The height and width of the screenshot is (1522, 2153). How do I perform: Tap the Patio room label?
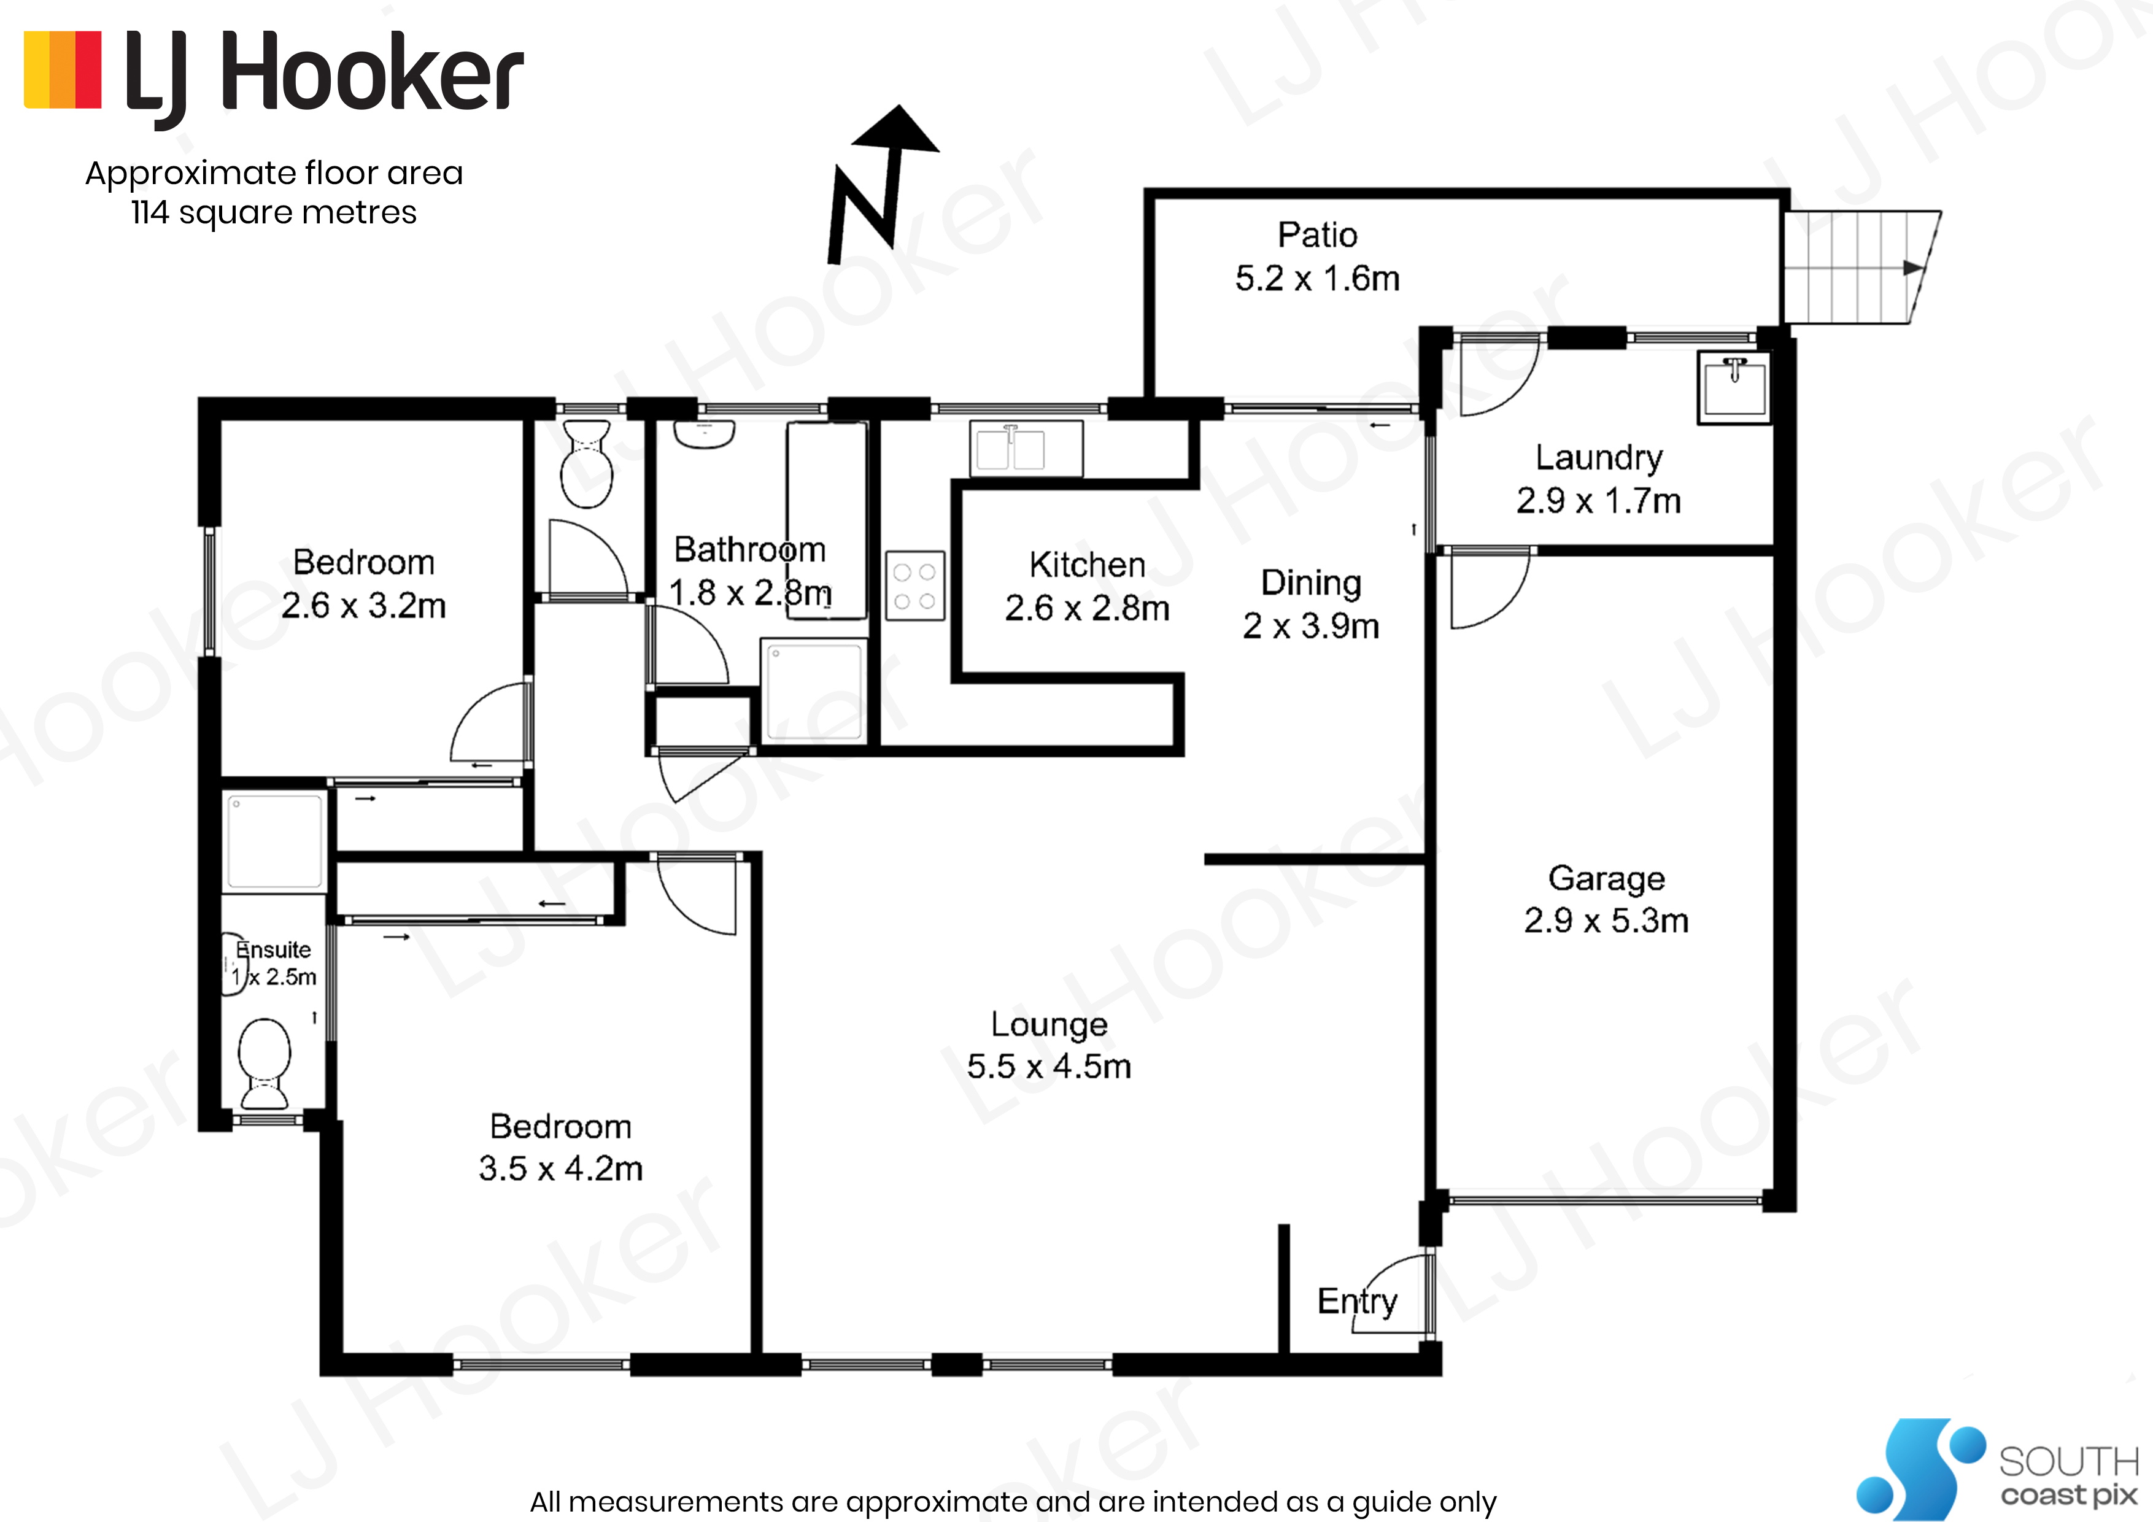(1318, 234)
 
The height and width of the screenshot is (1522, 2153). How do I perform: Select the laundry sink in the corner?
(1734, 387)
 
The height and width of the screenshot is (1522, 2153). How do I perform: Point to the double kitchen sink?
(1026, 448)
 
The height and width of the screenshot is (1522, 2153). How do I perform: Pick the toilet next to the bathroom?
(586, 463)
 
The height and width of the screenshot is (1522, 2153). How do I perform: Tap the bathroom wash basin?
(704, 434)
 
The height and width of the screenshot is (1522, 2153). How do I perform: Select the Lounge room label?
(1049, 1024)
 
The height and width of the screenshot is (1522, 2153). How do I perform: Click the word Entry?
(1357, 1302)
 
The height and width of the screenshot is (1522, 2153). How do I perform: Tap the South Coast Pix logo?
(1997, 1467)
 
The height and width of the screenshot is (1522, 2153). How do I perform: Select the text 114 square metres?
(274, 213)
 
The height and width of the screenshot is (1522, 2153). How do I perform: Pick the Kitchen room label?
(1088, 565)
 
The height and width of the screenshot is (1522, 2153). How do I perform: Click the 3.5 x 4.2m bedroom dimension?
(561, 1169)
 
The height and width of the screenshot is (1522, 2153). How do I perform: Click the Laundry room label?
(1599, 458)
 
